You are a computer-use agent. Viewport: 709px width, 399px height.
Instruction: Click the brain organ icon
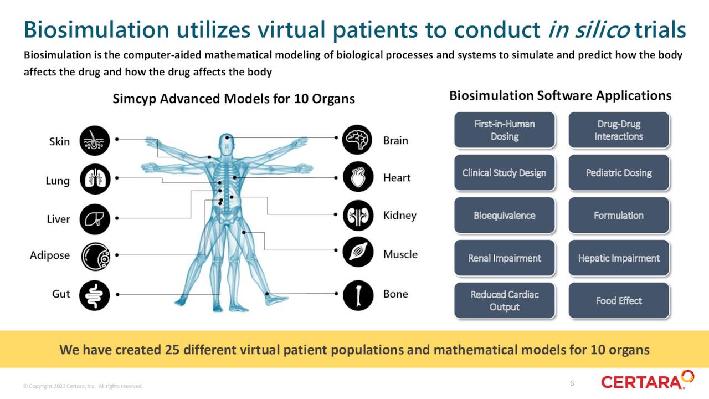click(x=357, y=140)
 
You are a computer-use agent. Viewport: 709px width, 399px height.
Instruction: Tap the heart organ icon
click(x=357, y=177)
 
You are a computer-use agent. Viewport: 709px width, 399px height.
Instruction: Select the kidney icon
click(x=357, y=215)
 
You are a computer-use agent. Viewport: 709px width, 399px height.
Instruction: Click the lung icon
click(x=95, y=179)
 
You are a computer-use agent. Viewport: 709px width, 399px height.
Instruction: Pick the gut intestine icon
click(x=95, y=295)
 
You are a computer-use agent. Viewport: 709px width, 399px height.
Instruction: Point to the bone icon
click(x=357, y=295)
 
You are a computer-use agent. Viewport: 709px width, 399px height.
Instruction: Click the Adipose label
click(x=50, y=255)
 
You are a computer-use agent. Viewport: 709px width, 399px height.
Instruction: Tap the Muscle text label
click(x=400, y=254)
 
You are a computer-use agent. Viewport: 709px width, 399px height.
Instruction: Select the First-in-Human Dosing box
click(x=504, y=130)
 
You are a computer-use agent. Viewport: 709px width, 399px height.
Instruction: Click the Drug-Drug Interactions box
click(x=619, y=130)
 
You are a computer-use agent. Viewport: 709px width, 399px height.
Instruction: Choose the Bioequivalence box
click(x=504, y=216)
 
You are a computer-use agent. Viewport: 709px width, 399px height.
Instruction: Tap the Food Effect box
click(x=619, y=301)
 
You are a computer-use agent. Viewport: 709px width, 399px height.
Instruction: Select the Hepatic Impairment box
click(x=619, y=258)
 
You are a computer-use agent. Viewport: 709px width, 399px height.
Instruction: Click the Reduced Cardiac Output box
click(x=504, y=301)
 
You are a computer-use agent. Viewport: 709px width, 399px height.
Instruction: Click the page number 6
click(x=572, y=383)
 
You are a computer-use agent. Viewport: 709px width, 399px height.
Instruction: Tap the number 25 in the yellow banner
click(x=172, y=350)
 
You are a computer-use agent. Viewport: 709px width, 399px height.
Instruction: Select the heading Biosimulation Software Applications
click(x=560, y=95)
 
